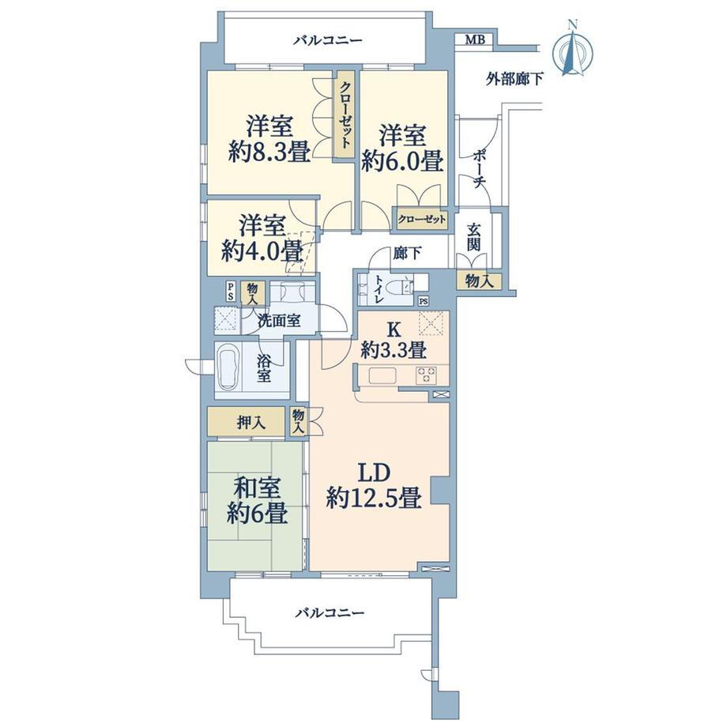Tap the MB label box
click(475, 40)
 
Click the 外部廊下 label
click(514, 79)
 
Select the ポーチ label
click(479, 169)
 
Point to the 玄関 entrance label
click(473, 237)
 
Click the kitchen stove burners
click(427, 375)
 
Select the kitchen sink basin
click(382, 375)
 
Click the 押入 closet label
click(250, 423)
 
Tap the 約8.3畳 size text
click(269, 151)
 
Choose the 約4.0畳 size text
click(262, 251)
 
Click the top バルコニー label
click(328, 41)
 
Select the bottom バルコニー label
click(330, 613)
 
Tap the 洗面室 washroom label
click(279, 320)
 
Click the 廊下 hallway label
click(407, 253)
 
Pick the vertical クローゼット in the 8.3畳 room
click(345, 114)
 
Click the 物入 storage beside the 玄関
click(479, 281)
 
